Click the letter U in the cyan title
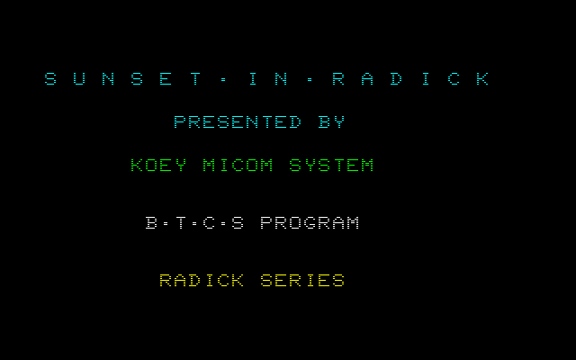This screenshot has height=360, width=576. pyautogui.click(x=79, y=79)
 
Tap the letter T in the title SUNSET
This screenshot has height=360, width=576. pyautogui.click(x=194, y=79)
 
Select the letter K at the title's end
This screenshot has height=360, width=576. pyautogui.click(x=482, y=79)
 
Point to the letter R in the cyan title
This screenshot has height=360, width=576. pyautogui.click(x=338, y=79)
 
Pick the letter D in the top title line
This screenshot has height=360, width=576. pyautogui.click(x=396, y=79)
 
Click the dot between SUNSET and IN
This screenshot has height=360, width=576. pyautogui.click(x=223, y=79)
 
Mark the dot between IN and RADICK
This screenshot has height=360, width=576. pyautogui.click(x=310, y=79)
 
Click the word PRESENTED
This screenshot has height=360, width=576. pyautogui.click(x=238, y=122)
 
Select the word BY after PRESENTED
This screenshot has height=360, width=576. pyautogui.click(x=331, y=122)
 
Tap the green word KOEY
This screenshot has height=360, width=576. pyautogui.click(x=158, y=166)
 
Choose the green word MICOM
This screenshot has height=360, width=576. pyautogui.click(x=238, y=166)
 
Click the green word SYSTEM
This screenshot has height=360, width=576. pyautogui.click(x=331, y=166)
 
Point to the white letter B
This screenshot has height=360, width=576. pyautogui.click(x=151, y=223)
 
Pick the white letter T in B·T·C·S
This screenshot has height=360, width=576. pyautogui.click(x=180, y=223)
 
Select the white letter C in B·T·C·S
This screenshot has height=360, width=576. pyautogui.click(x=209, y=223)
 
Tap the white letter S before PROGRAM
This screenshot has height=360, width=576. pyautogui.click(x=238, y=223)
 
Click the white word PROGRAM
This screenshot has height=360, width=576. pyautogui.click(x=310, y=223)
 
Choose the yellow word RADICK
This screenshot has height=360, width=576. pyautogui.click(x=202, y=281)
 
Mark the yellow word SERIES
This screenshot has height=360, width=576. pyautogui.click(x=302, y=281)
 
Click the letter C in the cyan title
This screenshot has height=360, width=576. pyautogui.click(x=454, y=79)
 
